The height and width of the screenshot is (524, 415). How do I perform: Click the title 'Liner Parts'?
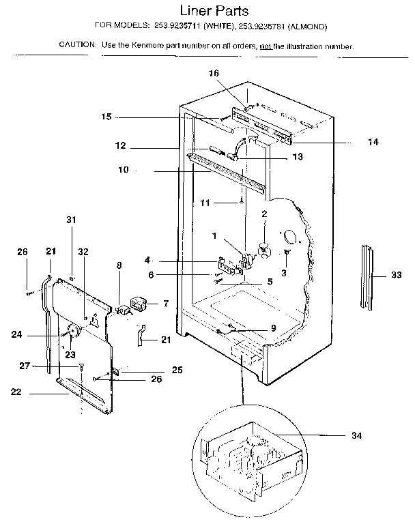(x=209, y=12)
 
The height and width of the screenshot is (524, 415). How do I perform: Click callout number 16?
(x=214, y=72)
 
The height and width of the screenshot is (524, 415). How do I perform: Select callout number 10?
(x=123, y=171)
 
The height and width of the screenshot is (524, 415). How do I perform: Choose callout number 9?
(x=272, y=327)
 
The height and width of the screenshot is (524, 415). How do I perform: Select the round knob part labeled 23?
(x=73, y=332)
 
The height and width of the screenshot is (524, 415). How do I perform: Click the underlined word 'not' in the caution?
(x=263, y=46)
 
